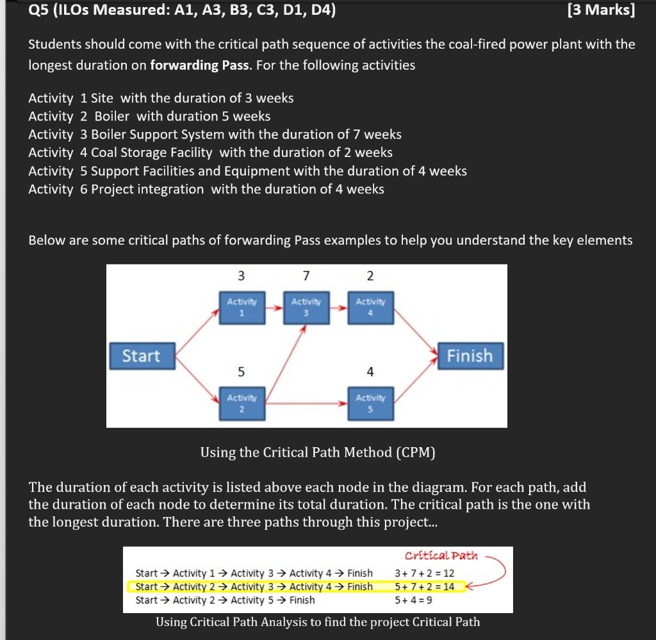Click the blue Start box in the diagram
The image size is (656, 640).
[142, 356]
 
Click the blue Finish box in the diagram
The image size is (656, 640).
[470, 356]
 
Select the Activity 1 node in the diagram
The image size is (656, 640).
[242, 305]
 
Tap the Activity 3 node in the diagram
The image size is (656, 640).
[306, 305]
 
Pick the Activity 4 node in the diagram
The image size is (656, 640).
[370, 305]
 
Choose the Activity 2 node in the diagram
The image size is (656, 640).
[242, 402]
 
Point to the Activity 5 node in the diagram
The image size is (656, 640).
[370, 402]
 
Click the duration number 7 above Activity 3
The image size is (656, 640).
[306, 276]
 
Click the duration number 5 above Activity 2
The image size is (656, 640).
[241, 372]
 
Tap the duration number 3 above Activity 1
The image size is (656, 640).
[241, 276]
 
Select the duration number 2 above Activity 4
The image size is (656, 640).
[370, 276]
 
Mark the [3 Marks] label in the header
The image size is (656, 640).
[601, 10]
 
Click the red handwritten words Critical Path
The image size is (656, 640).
[441, 555]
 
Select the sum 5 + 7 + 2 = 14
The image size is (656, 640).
[425, 586]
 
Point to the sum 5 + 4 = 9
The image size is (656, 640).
[413, 600]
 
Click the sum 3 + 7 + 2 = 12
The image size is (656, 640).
[425, 573]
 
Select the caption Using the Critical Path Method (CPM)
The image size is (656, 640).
[318, 453]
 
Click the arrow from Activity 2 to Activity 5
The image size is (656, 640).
[306, 404]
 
